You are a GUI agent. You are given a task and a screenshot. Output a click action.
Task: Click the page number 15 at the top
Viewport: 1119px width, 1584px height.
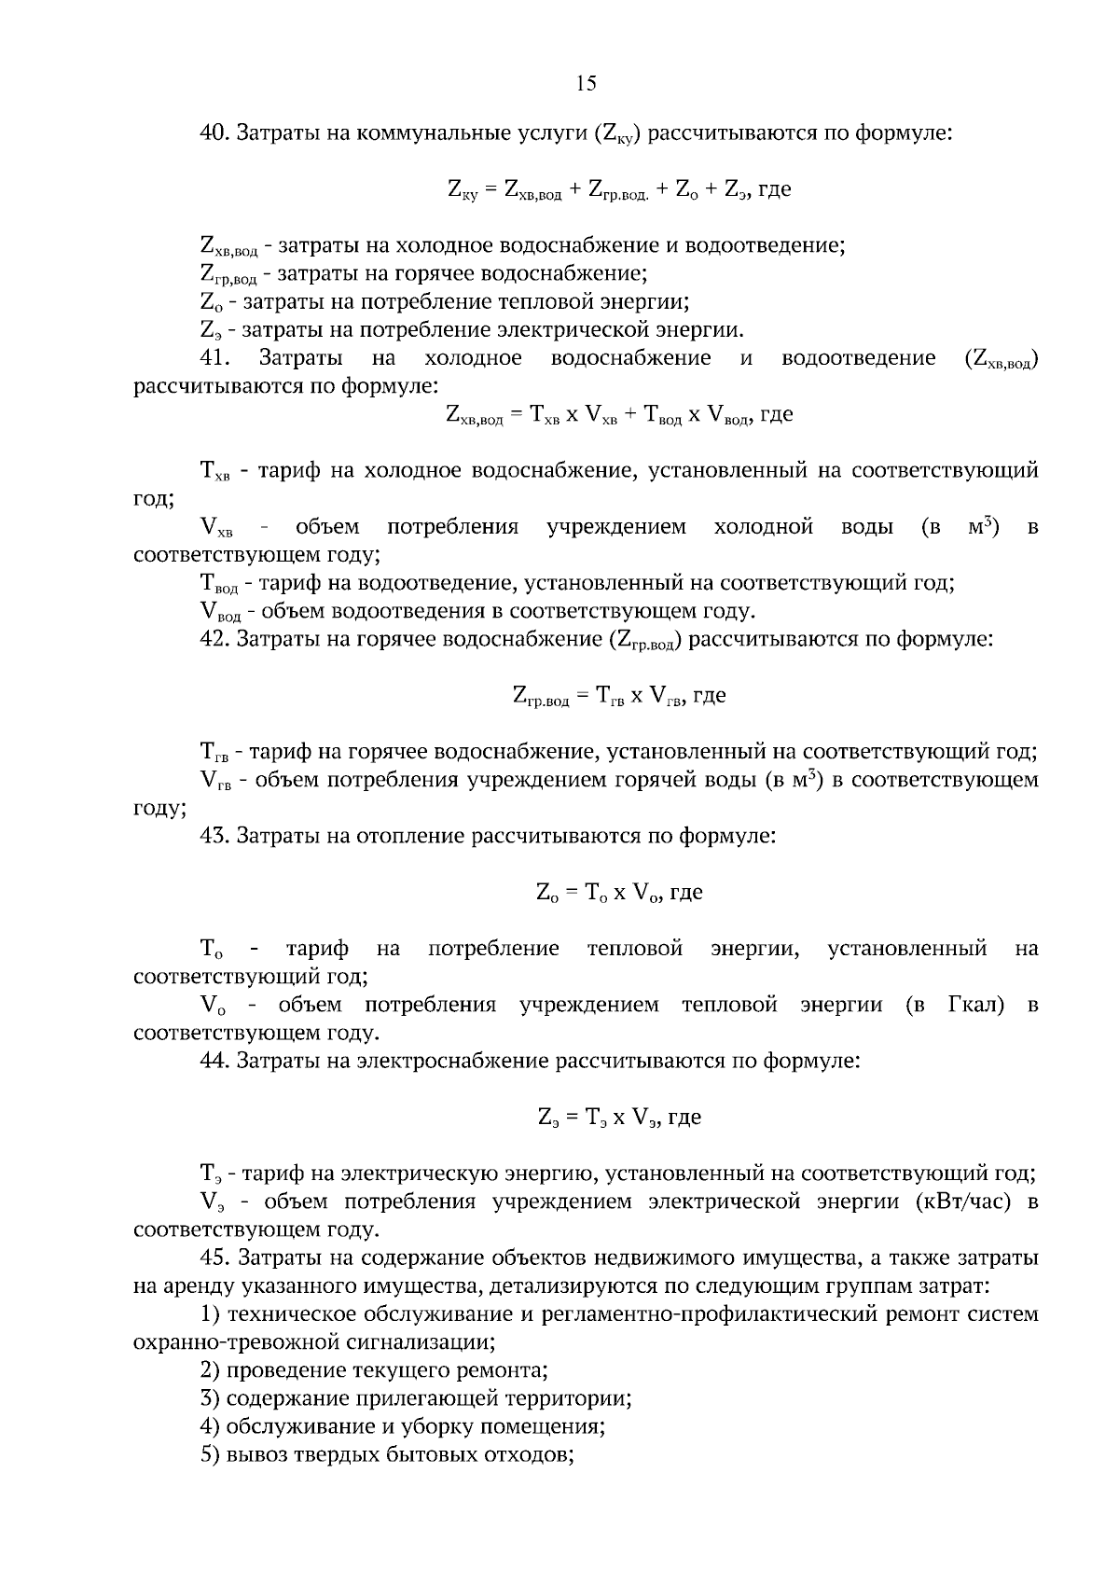tap(586, 84)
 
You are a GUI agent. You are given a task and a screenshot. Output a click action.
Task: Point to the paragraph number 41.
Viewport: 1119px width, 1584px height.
tap(215, 358)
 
